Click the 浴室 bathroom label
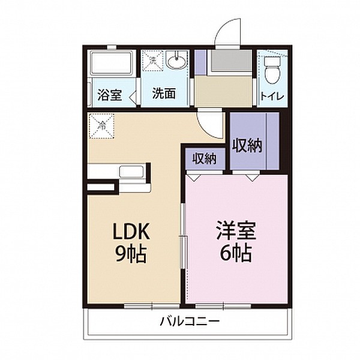coord(109,94)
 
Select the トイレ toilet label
coord(271,95)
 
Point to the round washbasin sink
coord(176,61)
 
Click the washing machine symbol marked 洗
coord(154,61)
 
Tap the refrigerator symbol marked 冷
coord(101,127)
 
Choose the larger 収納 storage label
coord(247,145)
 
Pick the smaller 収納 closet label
coord(204,158)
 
